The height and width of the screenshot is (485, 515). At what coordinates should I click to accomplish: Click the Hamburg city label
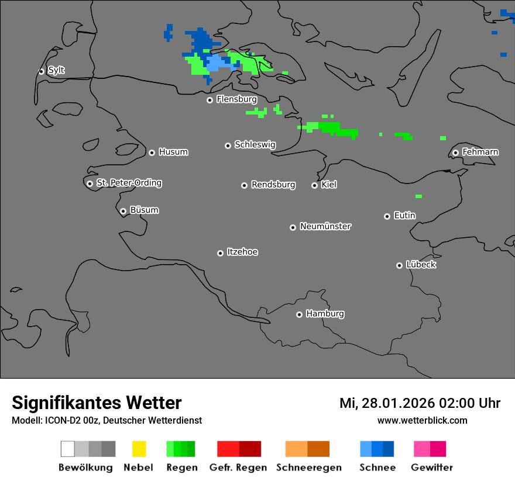tap(325, 314)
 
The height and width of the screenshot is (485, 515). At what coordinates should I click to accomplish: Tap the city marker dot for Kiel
tap(314, 185)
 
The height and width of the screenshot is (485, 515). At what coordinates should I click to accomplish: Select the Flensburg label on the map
tap(236, 99)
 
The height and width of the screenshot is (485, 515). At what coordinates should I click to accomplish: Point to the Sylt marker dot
tap(41, 71)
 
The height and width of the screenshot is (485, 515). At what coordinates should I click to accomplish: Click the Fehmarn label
tap(480, 152)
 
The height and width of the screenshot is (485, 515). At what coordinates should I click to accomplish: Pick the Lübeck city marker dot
tap(399, 265)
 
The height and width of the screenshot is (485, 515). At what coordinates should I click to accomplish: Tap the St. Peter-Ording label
tap(129, 183)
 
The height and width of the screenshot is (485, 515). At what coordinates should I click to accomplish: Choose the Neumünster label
tap(325, 226)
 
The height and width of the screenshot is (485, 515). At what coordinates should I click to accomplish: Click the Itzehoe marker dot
tap(220, 253)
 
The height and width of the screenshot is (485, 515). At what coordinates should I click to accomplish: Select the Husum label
tap(173, 152)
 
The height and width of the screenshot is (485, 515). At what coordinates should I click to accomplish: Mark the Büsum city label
tap(144, 210)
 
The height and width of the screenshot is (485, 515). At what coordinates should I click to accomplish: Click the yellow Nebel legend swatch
tap(139, 449)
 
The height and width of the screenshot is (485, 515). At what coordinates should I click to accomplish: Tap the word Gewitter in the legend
tap(432, 467)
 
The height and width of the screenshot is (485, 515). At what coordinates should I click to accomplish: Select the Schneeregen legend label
tap(308, 467)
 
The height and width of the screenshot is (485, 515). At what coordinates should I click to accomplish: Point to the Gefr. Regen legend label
tap(238, 467)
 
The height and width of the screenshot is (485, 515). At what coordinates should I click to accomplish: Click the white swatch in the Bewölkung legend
tap(68, 449)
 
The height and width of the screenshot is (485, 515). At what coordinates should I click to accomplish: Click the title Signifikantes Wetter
tap(97, 403)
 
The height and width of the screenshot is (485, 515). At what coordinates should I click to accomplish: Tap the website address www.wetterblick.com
tap(422, 420)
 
